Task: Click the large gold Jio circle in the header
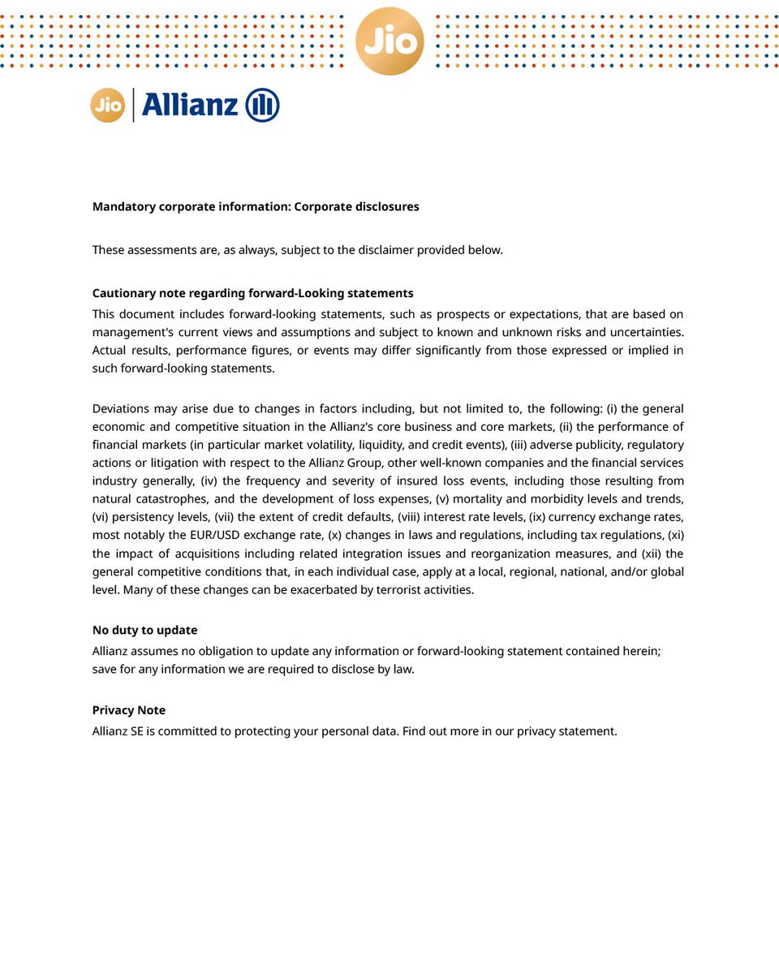click(389, 41)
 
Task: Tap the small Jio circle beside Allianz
click(107, 106)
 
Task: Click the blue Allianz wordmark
click(190, 106)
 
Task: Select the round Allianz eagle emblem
click(262, 106)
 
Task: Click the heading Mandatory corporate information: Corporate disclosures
click(256, 207)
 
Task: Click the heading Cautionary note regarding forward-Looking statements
click(252, 293)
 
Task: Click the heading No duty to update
click(144, 631)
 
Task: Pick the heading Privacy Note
click(128, 710)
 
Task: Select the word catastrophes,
click(170, 499)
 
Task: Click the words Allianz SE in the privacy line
click(118, 731)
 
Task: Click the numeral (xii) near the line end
click(652, 554)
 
